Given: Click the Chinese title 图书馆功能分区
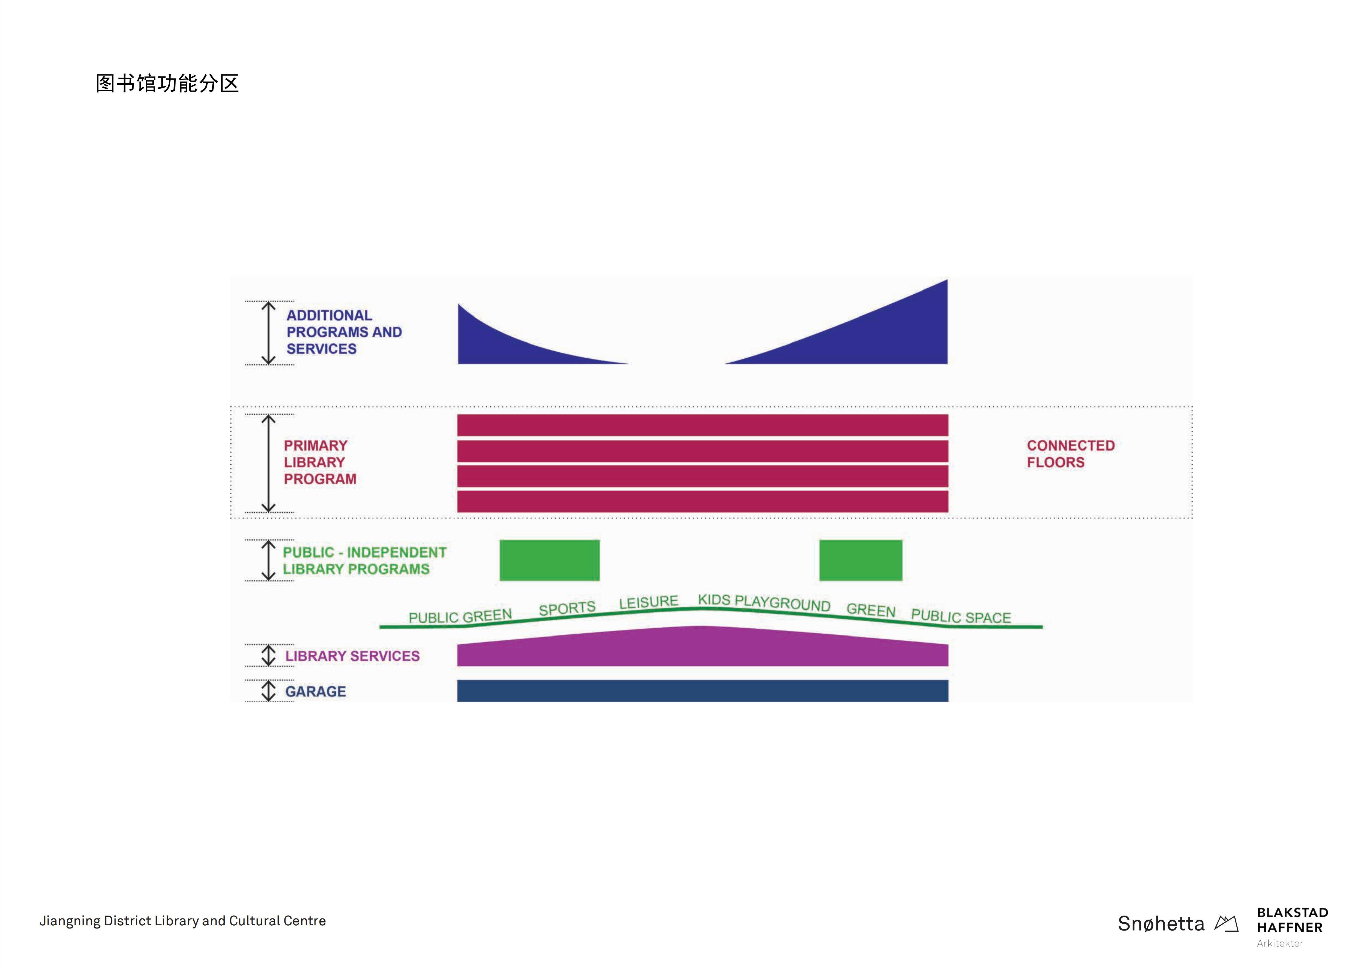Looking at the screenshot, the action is (x=167, y=83).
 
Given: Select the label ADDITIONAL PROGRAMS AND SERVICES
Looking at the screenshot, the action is (x=344, y=332).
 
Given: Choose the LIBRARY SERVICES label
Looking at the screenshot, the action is (x=352, y=656).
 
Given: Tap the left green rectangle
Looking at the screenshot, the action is (x=549, y=560).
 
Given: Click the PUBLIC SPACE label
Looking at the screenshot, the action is (x=961, y=616).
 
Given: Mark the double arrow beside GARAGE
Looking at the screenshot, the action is (x=269, y=691).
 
